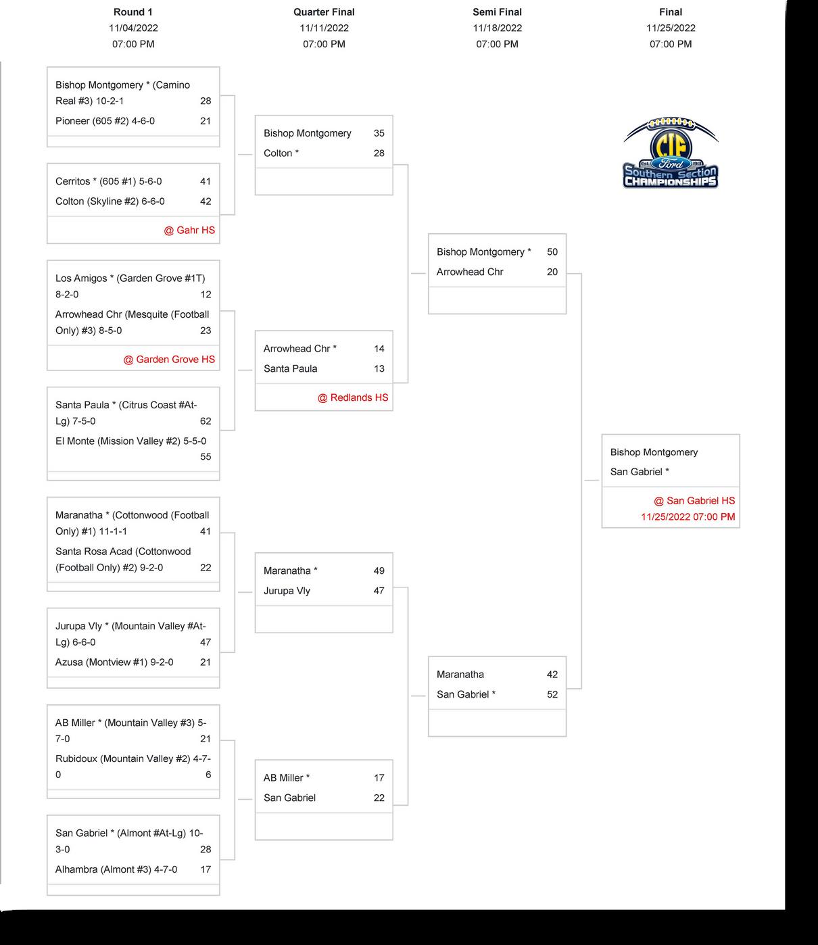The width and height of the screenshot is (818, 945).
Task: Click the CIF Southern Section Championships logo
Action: (670, 153)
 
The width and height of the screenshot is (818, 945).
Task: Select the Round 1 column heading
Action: (133, 12)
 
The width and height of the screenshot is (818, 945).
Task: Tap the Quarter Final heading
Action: (324, 12)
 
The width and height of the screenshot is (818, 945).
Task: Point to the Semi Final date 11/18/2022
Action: (497, 28)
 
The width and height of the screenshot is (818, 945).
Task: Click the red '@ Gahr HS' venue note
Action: (189, 231)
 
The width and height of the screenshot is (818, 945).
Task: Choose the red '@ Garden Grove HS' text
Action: (169, 360)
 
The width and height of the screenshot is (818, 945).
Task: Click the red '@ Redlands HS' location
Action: (353, 397)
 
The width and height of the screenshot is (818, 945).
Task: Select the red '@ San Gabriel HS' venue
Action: (694, 501)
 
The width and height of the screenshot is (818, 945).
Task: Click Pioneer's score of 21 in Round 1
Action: (206, 121)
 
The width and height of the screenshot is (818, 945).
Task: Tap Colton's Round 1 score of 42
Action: (206, 201)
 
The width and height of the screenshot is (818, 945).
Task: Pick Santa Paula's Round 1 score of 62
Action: (206, 421)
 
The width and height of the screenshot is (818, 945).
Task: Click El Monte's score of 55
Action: (206, 457)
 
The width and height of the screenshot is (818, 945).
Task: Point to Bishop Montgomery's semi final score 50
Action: (552, 252)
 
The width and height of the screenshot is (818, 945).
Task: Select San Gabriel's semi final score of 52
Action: (552, 694)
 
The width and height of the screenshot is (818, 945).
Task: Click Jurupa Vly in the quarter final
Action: (287, 591)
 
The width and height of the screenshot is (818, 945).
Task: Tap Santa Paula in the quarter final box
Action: (290, 368)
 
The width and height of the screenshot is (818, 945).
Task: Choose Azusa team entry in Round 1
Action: (114, 662)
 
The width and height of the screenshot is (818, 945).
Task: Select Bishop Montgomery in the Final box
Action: (654, 452)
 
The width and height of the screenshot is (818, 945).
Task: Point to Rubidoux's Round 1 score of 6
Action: (208, 775)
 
